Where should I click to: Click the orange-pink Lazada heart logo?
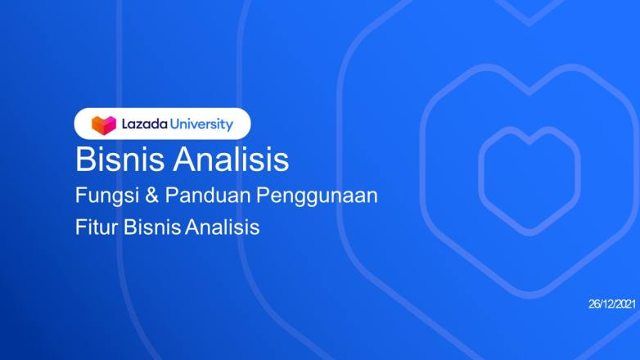pyautogui.click(x=104, y=124)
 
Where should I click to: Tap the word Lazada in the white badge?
pyautogui.click(x=145, y=124)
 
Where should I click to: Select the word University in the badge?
pyautogui.click(x=201, y=124)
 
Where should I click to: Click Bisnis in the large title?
pyautogui.click(x=119, y=159)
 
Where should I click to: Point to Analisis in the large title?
pyautogui.click(x=231, y=159)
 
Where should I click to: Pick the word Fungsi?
pyautogui.click(x=107, y=196)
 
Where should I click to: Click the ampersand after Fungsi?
pyautogui.click(x=151, y=196)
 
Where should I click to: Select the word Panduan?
pyautogui.click(x=207, y=195)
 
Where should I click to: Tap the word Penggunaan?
pyautogui.click(x=317, y=196)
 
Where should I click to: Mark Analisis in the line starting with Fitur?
pyautogui.click(x=222, y=227)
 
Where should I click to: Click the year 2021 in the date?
pyautogui.click(x=626, y=304)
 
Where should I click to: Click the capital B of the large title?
pyautogui.click(x=85, y=159)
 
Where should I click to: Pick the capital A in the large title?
pyautogui.click(x=184, y=159)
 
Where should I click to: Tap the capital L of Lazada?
pyautogui.click(x=125, y=124)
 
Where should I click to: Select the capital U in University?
pyautogui.click(x=174, y=124)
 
